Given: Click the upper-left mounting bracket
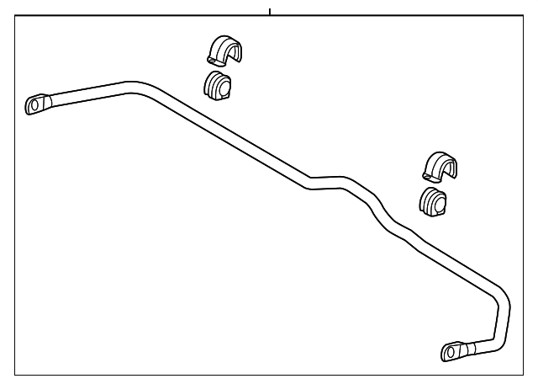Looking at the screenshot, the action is (223, 51).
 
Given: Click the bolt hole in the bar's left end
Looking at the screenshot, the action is (34, 104).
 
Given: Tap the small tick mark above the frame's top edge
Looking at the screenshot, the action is (269, 12).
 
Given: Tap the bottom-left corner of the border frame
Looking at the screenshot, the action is (16, 374).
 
